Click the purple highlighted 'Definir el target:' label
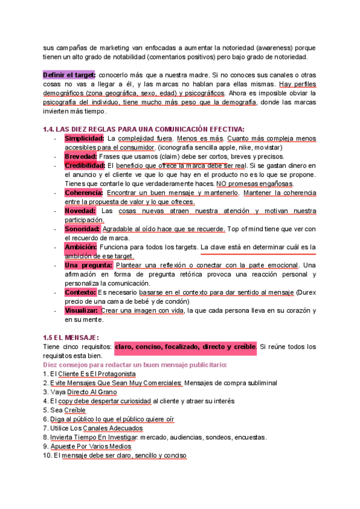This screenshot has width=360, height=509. (x=69, y=74)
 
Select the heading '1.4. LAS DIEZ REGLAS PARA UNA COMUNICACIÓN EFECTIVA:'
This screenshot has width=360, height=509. (x=143, y=128)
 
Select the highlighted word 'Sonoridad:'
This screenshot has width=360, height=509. (x=82, y=229)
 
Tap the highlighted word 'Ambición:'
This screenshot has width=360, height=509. (x=80, y=247)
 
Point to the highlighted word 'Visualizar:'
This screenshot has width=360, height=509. (x=81, y=310)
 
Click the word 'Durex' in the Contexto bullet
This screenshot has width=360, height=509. (x=305, y=292)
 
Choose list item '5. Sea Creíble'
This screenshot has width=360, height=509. (x=64, y=410)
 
